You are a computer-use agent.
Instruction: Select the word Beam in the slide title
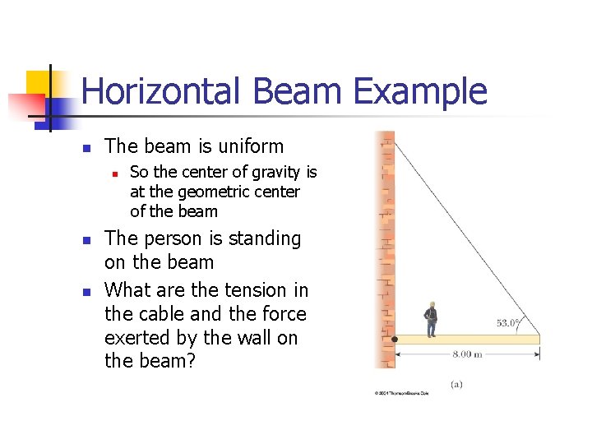click(296, 91)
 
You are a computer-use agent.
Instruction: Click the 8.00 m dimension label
click(467, 355)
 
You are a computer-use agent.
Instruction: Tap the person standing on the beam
click(429, 319)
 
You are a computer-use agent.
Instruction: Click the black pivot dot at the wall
click(394, 339)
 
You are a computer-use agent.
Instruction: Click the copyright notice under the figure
click(402, 394)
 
